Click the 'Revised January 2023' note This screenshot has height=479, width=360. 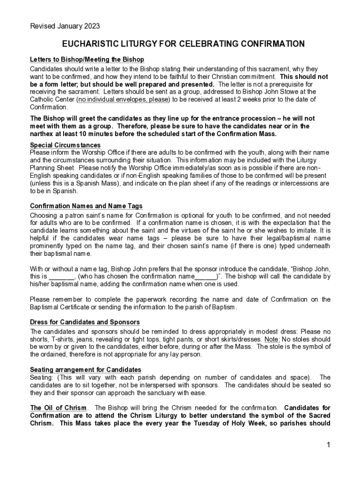tap(65, 26)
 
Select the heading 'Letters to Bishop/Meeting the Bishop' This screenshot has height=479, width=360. tap(87, 60)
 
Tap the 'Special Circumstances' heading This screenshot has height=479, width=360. tap(65, 145)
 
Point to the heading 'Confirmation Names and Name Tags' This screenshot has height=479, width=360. tap(86, 206)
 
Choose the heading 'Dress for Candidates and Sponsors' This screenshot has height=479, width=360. tap(85, 322)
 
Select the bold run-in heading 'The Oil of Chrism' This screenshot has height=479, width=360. tap(58, 408)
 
